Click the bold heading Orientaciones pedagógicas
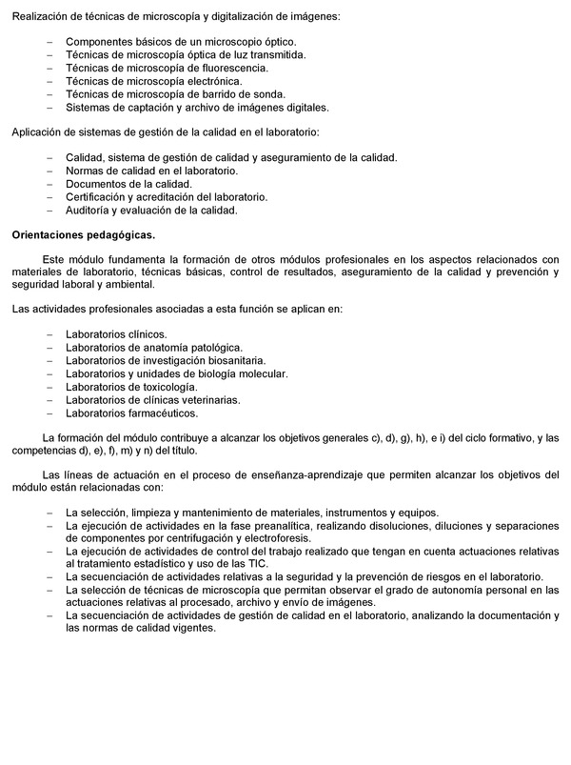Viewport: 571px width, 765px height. (82, 233)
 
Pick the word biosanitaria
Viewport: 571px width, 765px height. (230, 361)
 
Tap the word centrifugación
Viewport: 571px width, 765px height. (181, 537)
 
